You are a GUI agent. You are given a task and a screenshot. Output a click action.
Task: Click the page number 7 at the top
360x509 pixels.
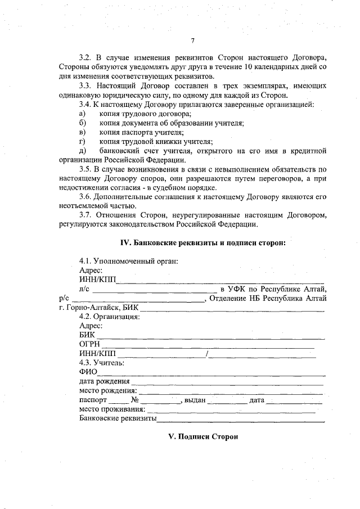pos(192,40)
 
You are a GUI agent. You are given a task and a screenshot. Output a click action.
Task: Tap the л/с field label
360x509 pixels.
pos(84,289)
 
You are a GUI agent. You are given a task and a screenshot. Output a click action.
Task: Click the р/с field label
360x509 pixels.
pos(64,298)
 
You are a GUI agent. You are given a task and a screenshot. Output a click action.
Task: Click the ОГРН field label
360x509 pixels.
pos(89,344)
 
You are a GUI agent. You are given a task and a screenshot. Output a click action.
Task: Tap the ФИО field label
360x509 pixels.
pos(88,371)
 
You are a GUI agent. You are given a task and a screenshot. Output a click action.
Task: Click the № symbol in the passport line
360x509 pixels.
pos(135,400)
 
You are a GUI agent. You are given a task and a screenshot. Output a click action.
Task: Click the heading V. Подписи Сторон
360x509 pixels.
pos(204,436)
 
